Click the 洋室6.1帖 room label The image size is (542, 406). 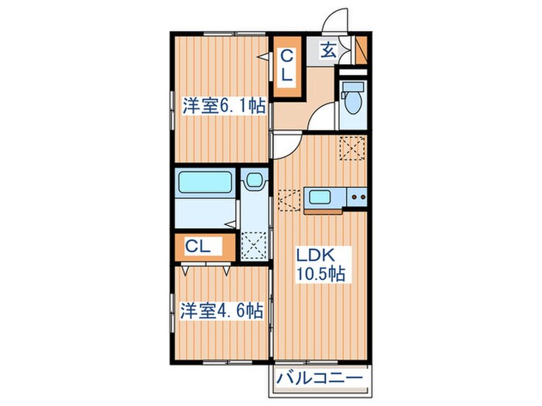225,106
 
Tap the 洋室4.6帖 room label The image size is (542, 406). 221,311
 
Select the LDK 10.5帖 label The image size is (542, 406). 321,264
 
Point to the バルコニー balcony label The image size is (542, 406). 320,378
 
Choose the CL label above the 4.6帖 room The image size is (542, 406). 197,247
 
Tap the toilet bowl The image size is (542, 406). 353,100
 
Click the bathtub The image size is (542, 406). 204,182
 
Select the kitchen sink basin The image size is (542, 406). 320,197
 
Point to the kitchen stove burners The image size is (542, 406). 358,196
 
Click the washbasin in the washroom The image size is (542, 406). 255,180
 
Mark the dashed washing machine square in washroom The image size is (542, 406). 254,245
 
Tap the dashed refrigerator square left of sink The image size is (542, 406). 289,200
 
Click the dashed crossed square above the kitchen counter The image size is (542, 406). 352,148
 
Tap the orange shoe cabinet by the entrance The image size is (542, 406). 362,49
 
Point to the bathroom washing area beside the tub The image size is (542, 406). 205,213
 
